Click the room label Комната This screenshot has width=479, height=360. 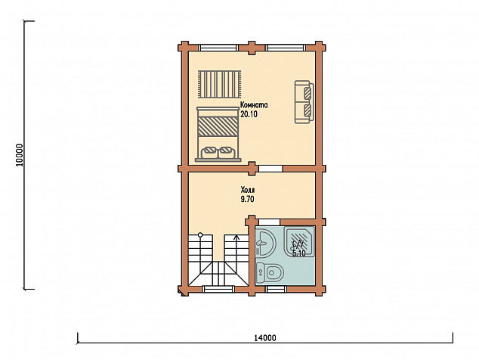pos(254,105)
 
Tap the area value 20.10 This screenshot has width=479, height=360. pos(249,115)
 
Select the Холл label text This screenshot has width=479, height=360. pos(248,190)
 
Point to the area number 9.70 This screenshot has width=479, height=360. pos(248,200)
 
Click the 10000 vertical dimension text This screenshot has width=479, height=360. pos(20,155)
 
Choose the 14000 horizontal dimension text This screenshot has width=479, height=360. pos(265,338)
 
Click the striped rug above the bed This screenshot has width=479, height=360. pos(219,85)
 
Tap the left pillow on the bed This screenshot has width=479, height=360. pos(209,152)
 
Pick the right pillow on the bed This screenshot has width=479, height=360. pos(227,152)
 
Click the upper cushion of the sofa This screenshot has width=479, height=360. pos(308,92)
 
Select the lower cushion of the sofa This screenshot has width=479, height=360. pos(308,110)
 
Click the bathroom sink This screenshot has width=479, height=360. pos(265,243)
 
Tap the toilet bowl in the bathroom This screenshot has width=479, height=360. pos(273,272)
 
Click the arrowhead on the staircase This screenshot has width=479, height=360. pos(236,237)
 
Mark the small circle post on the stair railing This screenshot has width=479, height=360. pos(200,235)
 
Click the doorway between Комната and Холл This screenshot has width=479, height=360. pos(270,169)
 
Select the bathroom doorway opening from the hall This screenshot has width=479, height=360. pos(269,222)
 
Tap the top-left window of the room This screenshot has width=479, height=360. pos(218,48)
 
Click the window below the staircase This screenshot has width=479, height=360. pos(218,289)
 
